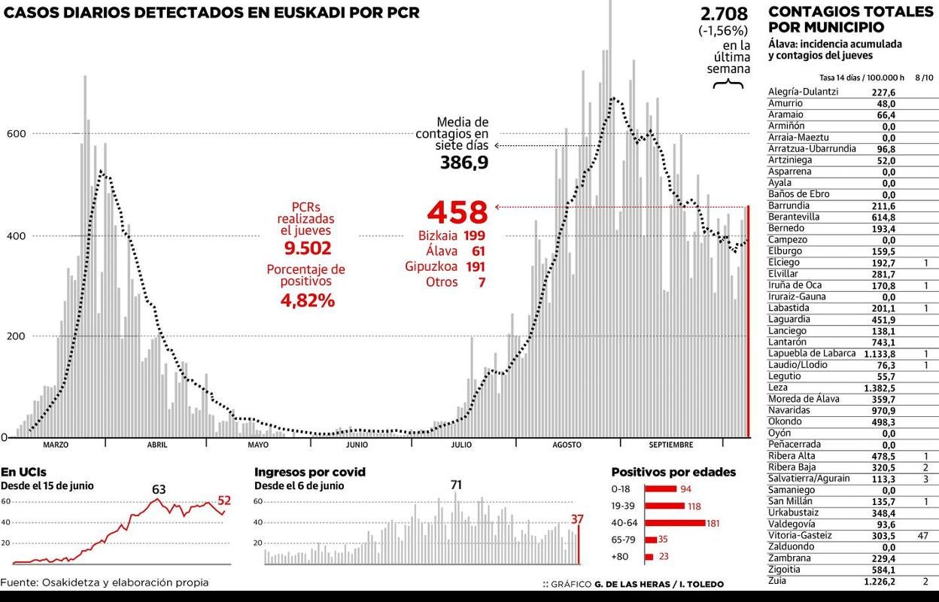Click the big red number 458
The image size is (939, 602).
(x=457, y=210)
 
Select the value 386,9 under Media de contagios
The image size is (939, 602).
(x=463, y=162)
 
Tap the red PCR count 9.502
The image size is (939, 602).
(x=307, y=248)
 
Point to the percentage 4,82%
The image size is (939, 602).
(x=307, y=300)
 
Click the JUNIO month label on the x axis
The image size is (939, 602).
(x=357, y=445)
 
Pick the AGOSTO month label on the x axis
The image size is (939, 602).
(x=567, y=445)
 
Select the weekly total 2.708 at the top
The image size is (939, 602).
(x=724, y=14)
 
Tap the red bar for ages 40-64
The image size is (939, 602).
(x=674, y=523)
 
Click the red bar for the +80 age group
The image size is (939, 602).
(x=649, y=557)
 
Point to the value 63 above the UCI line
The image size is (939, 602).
(x=158, y=489)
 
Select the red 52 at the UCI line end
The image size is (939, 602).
(x=224, y=500)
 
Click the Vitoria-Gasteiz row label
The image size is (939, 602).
(x=800, y=535)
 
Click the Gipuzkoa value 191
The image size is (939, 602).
(x=475, y=266)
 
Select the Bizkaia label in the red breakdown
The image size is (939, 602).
(x=437, y=236)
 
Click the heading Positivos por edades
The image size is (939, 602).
(x=673, y=472)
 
